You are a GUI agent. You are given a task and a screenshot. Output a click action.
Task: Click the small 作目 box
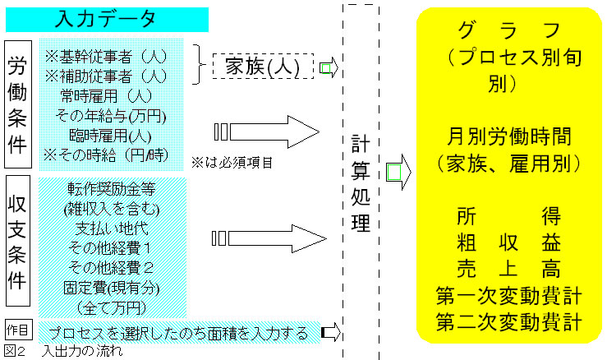[x=18, y=330]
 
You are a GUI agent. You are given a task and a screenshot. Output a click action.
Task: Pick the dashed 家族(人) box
[x=263, y=65]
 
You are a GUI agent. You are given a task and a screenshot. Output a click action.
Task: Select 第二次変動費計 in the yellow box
[x=510, y=321]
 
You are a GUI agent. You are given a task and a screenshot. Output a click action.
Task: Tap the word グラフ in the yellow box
[x=510, y=31]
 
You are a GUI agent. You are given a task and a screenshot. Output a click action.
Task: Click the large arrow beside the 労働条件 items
[x=271, y=131]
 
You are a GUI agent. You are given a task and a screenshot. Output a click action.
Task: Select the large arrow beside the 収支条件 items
[x=271, y=238]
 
